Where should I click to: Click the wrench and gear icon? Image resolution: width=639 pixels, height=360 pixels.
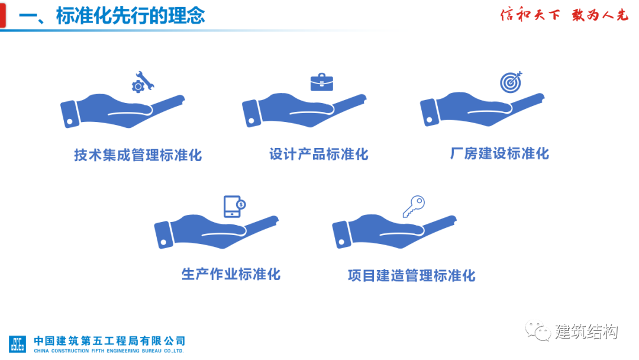pos(143,82)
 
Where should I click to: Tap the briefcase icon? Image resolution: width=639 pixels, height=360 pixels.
pos(321,82)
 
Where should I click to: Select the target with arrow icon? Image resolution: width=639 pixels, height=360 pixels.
pos(511,82)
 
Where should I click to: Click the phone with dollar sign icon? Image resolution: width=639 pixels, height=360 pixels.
pos(234,206)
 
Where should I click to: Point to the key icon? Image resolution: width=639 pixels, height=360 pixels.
pos(414,206)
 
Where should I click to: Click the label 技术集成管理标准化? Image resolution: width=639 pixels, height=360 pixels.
pos(138,155)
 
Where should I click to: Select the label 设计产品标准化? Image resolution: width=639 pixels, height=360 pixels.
pos(319,154)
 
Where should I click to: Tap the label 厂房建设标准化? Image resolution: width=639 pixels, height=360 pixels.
pos(499,154)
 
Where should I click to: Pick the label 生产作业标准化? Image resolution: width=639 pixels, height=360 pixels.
pos(231,274)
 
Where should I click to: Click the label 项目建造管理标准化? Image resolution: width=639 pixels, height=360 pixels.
pos(412,275)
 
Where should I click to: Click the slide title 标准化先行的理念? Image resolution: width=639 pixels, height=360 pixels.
pos(130,16)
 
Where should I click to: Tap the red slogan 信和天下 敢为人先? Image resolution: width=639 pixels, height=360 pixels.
pos(564,15)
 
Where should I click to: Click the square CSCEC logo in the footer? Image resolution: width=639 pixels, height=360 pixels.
pos(18,343)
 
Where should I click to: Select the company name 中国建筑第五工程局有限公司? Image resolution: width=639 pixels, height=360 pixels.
pos(109,340)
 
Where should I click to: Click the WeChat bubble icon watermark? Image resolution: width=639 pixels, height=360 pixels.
pos(537,330)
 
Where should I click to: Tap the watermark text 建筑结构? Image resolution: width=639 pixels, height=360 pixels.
pos(586,332)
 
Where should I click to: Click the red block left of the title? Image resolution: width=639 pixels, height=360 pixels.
pos(3,15)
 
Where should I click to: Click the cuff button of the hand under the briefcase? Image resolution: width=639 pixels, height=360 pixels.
pos(251,121)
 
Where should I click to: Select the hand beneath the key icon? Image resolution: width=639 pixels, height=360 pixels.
pos(395,231)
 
